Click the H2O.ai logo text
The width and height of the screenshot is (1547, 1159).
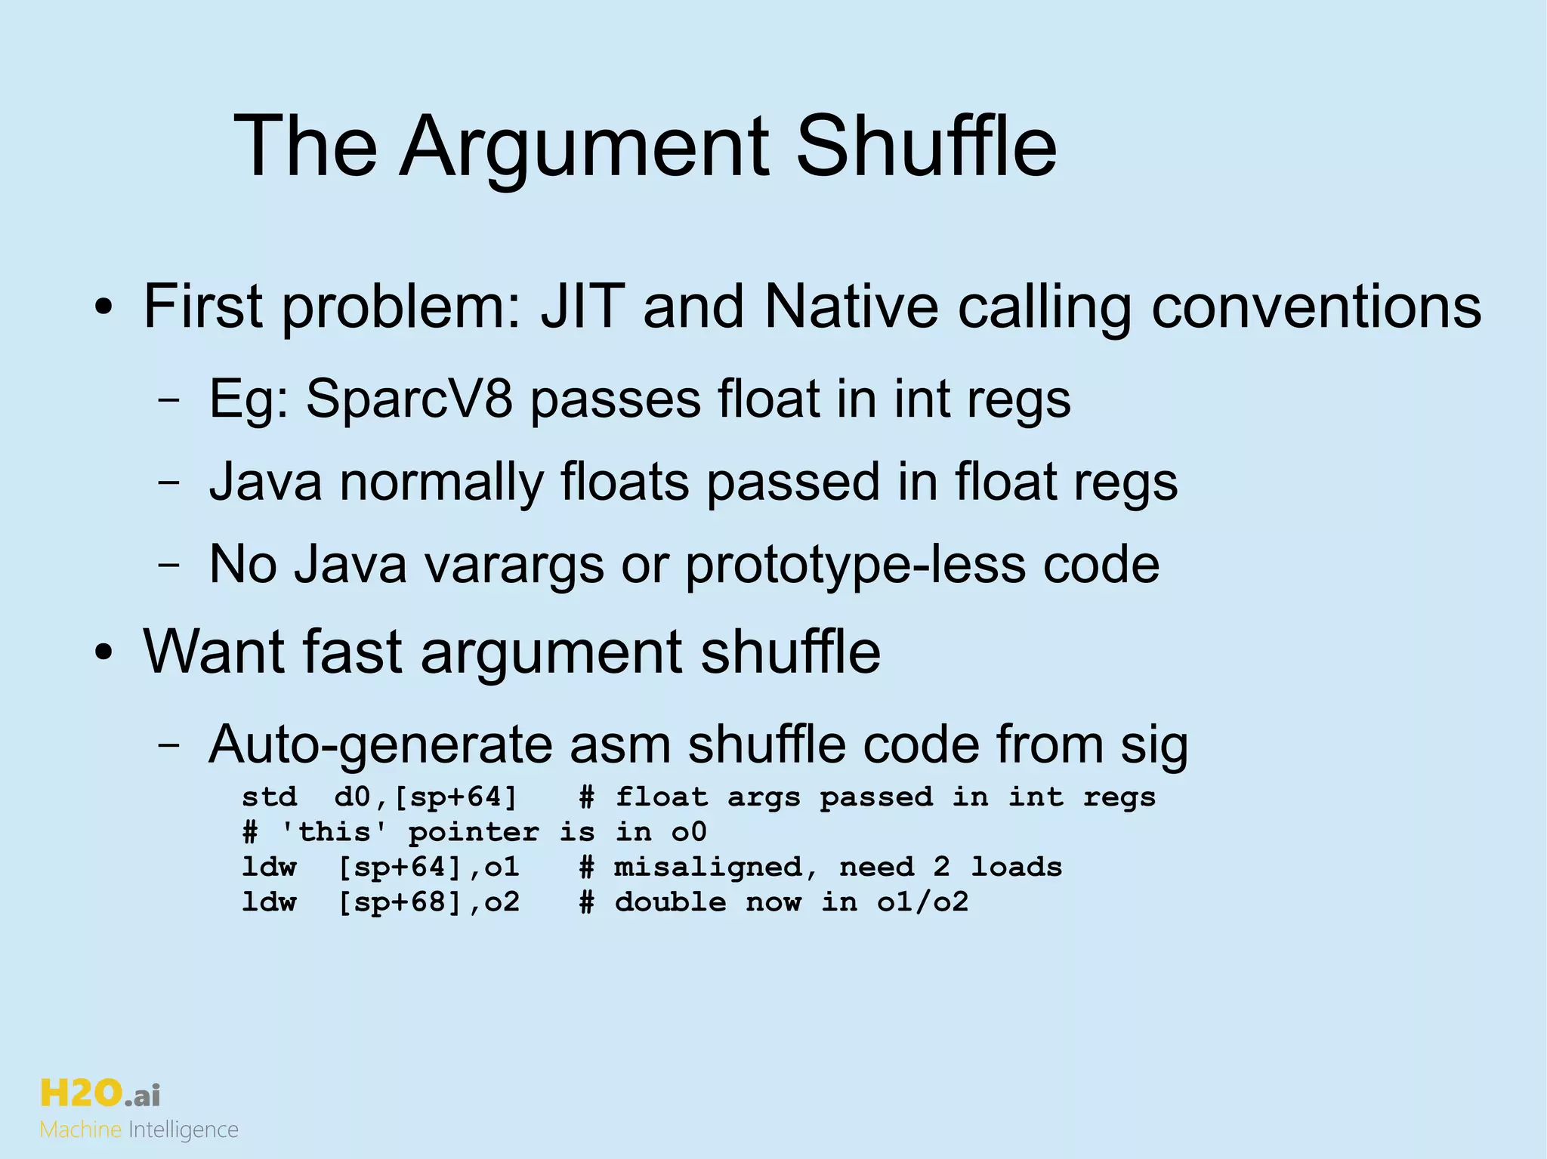coord(100,1093)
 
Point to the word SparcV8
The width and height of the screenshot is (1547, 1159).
coord(409,399)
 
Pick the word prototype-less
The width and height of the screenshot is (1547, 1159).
coord(854,564)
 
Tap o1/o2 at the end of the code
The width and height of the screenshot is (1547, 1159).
coord(922,902)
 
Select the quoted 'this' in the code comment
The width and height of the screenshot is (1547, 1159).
coord(334,832)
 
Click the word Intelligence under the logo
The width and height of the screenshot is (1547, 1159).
coord(184,1130)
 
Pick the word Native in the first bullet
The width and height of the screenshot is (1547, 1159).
coord(851,307)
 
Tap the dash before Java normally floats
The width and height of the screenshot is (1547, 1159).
coord(169,482)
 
